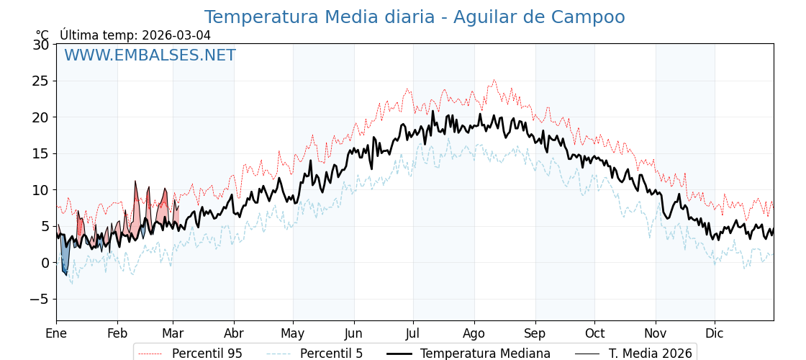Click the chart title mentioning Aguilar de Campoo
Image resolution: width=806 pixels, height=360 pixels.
tap(414, 17)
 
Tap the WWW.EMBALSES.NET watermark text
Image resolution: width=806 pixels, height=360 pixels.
tap(150, 55)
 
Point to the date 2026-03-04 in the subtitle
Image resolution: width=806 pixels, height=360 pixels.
tap(176, 35)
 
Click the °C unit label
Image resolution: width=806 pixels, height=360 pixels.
tap(42, 35)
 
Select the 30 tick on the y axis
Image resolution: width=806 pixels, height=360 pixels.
tap(41, 45)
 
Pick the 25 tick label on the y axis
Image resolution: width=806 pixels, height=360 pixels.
tap(41, 81)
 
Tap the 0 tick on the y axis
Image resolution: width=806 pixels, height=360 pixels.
tap(45, 263)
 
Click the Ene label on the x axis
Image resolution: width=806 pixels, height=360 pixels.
tap(56, 333)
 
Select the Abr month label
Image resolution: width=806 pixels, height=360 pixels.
tap(234, 333)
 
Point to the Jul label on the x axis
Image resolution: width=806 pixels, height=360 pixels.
tap(413, 333)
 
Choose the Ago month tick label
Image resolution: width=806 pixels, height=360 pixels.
tap(474, 333)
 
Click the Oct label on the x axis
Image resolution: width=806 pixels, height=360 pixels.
tap(594, 333)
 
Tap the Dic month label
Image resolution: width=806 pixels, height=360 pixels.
tap(715, 333)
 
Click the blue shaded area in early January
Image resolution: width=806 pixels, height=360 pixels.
tap(65, 258)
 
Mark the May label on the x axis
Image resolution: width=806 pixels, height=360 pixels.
tap(293, 333)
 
